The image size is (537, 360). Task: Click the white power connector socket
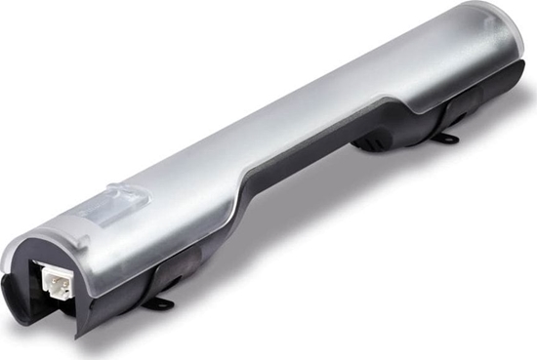[x=56, y=283]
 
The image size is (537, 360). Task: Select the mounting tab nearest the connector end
[x=157, y=303]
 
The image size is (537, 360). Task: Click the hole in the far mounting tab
[x=449, y=140]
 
